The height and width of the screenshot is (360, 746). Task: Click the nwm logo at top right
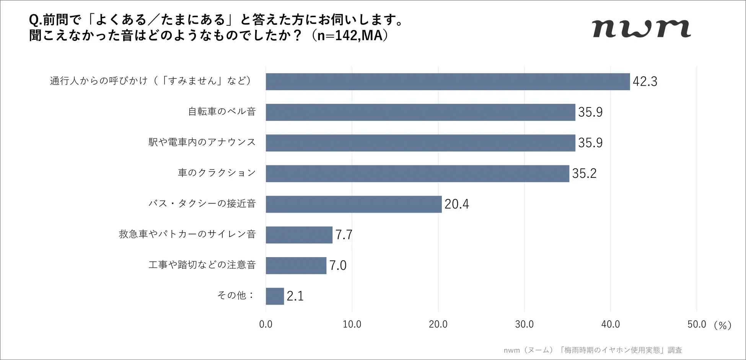(x=642, y=29)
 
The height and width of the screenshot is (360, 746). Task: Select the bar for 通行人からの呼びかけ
(x=448, y=81)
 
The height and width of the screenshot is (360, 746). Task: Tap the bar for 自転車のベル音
(x=420, y=112)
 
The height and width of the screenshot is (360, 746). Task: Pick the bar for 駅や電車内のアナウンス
(x=420, y=143)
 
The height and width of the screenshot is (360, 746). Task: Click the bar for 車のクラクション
(x=417, y=173)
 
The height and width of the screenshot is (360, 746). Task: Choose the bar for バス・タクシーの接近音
(x=353, y=204)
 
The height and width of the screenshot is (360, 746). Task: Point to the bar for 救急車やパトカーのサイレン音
(x=299, y=235)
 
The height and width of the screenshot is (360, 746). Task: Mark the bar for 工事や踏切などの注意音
(x=296, y=265)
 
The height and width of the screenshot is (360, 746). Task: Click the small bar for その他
(x=275, y=296)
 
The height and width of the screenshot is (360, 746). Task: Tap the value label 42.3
(x=645, y=81)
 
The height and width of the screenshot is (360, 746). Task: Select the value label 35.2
(x=584, y=173)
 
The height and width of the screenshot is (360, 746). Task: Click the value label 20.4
(x=456, y=204)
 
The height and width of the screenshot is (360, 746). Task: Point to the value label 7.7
(x=344, y=235)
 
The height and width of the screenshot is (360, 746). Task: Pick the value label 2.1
(x=295, y=296)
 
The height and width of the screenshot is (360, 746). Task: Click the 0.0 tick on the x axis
(x=265, y=324)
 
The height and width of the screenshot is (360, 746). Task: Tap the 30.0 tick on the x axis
(x=524, y=324)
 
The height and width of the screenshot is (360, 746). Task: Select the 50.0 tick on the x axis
(x=696, y=324)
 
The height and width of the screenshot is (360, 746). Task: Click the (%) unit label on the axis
(x=722, y=325)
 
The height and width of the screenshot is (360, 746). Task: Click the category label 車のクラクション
(x=217, y=173)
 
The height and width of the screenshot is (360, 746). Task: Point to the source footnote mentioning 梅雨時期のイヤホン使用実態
(x=593, y=350)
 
